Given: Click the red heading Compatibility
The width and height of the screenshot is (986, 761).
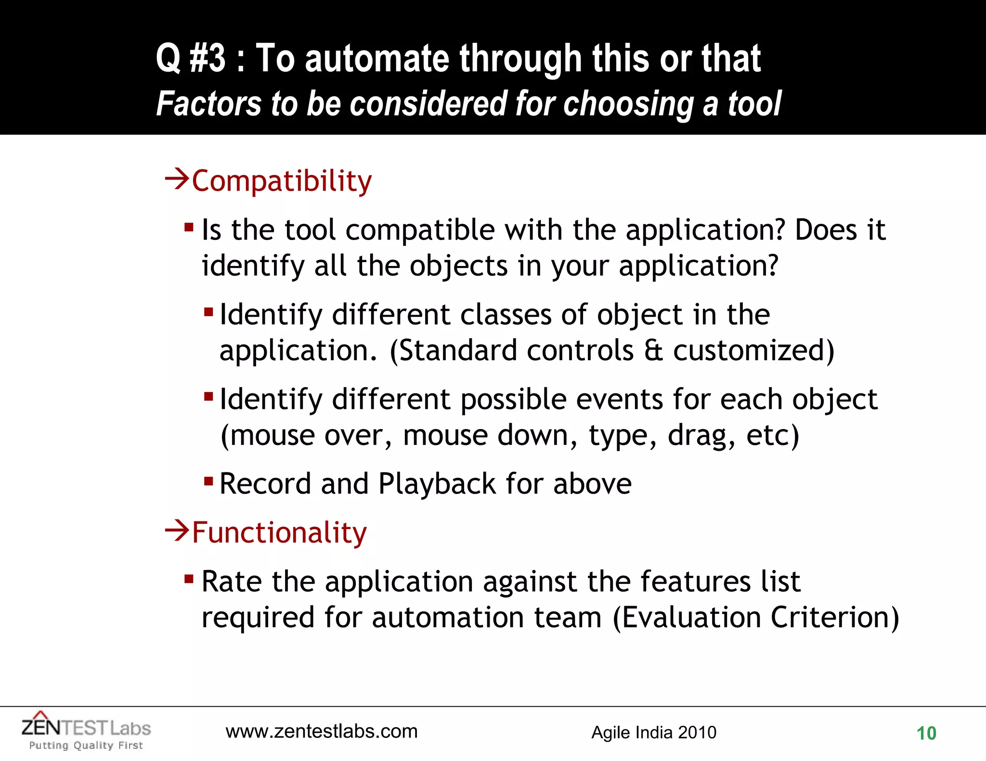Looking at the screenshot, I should coord(282,181).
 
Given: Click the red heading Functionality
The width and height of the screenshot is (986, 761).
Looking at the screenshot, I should coord(279,533).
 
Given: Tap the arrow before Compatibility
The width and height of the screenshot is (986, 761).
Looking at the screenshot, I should coord(177,179).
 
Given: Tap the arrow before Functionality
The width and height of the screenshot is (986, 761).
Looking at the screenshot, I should coord(177,531).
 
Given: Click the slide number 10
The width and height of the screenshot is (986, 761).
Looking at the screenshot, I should coord(926,733).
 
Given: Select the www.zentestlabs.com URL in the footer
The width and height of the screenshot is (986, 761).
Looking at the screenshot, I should coord(322,731).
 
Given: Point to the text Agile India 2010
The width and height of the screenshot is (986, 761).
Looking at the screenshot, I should coord(654,732).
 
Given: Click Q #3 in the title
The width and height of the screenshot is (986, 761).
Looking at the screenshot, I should coord(191,58).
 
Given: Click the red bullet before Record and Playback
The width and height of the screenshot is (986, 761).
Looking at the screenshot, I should coord(208,481).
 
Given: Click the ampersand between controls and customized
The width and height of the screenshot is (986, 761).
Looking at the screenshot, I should coord(653,350).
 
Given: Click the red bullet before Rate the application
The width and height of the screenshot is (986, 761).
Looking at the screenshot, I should coord(189,578).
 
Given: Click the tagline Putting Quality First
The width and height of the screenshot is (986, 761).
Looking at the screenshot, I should coord(86,746).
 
